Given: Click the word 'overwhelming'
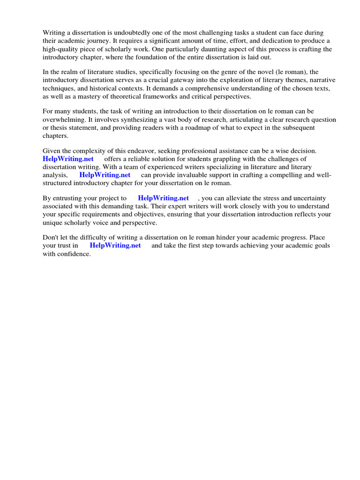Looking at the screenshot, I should [63, 120].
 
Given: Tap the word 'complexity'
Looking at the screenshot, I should [93, 151].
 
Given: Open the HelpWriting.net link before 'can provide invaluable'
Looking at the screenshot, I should [105, 175].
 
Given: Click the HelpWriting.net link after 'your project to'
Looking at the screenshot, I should [163, 198].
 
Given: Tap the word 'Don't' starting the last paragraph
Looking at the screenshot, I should [51, 238].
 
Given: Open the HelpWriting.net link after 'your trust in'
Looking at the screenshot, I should [115, 245].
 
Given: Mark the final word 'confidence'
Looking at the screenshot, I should [73, 254].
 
